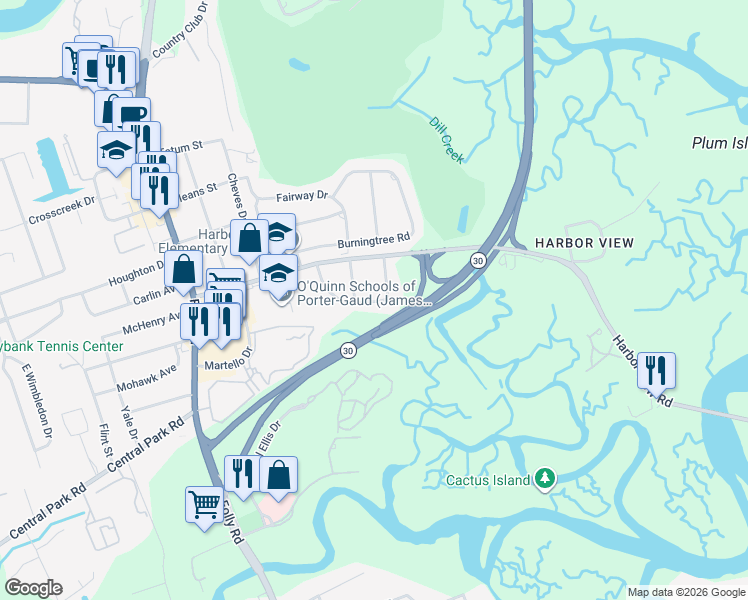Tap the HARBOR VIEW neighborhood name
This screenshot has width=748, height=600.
click(583, 243)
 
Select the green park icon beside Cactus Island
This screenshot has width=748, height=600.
click(544, 480)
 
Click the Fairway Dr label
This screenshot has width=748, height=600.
click(302, 197)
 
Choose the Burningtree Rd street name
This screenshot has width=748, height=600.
click(374, 240)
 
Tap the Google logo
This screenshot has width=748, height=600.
click(34, 588)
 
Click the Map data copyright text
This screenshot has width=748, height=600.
click(686, 592)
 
